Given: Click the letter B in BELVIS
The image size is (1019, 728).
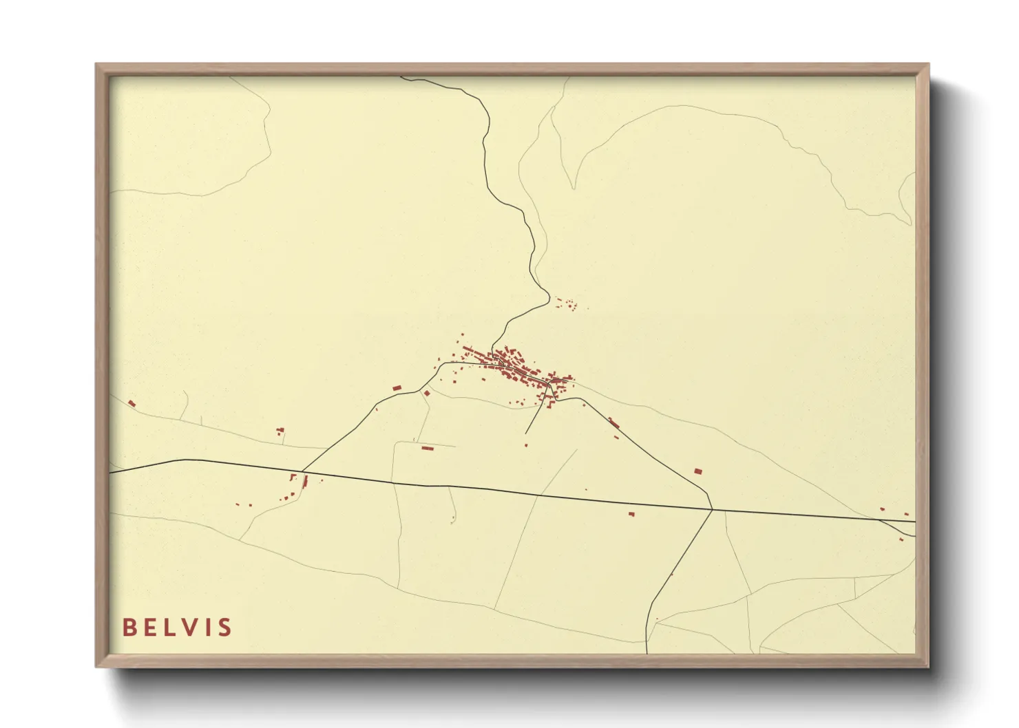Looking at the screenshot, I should pyautogui.click(x=129, y=627).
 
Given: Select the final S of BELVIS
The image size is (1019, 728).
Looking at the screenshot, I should pyautogui.click(x=224, y=627).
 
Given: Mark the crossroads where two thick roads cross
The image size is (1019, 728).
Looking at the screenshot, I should pyautogui.click(x=712, y=510).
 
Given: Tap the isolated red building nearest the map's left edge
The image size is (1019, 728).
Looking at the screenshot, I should pyautogui.click(x=132, y=403).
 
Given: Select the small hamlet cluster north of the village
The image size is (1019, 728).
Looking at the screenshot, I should pyautogui.click(x=565, y=303).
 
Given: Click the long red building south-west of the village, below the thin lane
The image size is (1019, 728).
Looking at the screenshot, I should pyautogui.click(x=427, y=448).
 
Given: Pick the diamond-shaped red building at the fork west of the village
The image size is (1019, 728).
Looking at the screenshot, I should pyautogui.click(x=427, y=393).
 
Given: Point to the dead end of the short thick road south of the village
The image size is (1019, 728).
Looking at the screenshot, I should pyautogui.click(x=526, y=433).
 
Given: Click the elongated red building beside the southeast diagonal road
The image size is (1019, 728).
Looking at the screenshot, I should pyautogui.click(x=613, y=422).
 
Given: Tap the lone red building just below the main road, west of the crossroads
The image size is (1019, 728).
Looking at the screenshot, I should pyautogui.click(x=631, y=513).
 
